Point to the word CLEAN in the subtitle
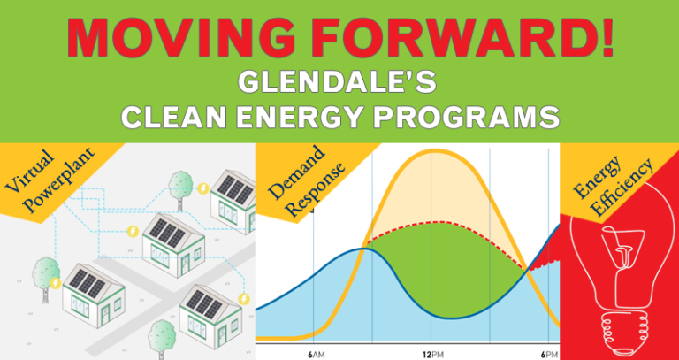(x=177, y=118)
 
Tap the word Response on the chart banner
(x=313, y=189)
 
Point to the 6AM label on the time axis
(x=316, y=353)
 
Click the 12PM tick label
(x=431, y=353)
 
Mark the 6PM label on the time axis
(x=549, y=353)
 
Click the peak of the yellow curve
(x=432, y=151)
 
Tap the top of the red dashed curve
(x=432, y=222)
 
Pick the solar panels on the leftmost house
(x=87, y=282)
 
